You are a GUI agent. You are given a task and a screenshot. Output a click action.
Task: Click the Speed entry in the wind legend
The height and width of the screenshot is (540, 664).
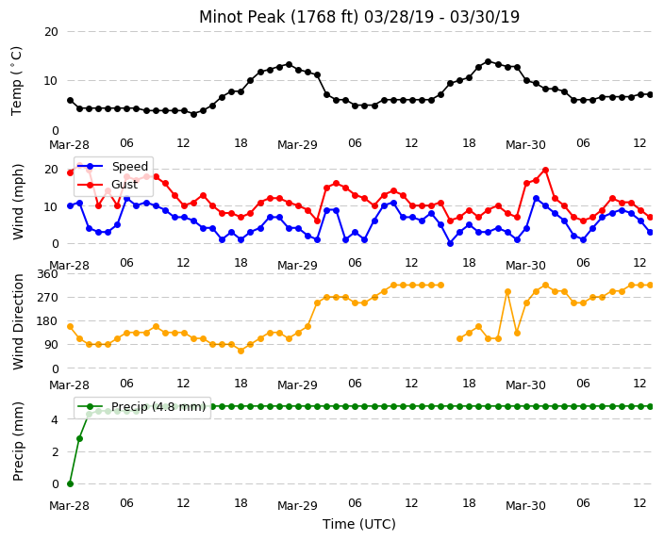tap(129, 166)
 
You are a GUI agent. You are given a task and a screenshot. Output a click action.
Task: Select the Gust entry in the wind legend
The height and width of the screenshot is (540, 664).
tap(124, 185)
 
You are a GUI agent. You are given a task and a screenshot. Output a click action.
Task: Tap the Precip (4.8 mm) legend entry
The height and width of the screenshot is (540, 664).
tap(158, 407)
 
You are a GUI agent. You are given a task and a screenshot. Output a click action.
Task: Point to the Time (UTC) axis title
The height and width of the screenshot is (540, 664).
tap(359, 524)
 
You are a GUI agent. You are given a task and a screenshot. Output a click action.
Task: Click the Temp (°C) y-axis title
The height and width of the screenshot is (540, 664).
tap(17, 80)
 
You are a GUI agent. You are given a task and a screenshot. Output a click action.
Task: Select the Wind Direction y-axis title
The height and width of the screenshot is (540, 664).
tap(18, 321)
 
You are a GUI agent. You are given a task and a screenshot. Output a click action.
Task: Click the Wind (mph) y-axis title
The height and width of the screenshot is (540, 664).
tap(18, 202)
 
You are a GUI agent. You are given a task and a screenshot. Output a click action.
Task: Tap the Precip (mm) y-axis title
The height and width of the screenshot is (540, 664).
tap(18, 441)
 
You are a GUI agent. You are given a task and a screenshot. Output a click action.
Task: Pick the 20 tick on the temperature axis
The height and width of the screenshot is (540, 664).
tap(51, 32)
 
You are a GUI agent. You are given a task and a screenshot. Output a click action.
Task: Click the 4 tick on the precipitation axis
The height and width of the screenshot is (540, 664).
tap(55, 419)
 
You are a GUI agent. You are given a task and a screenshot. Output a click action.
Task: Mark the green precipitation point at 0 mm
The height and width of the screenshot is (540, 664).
tap(71, 483)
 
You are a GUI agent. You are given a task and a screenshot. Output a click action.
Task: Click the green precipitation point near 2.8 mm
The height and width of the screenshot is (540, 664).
tap(79, 439)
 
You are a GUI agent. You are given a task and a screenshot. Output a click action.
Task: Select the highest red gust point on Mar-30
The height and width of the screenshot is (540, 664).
tap(545, 171)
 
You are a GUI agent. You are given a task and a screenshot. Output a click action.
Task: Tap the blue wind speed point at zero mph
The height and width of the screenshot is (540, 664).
tap(450, 244)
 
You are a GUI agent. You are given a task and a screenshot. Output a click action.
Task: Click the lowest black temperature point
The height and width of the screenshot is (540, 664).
tap(193, 114)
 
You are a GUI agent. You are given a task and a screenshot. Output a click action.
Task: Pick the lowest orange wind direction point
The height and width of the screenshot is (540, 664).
tap(241, 351)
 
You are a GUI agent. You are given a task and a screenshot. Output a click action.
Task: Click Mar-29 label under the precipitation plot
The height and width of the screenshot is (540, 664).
tap(297, 506)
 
